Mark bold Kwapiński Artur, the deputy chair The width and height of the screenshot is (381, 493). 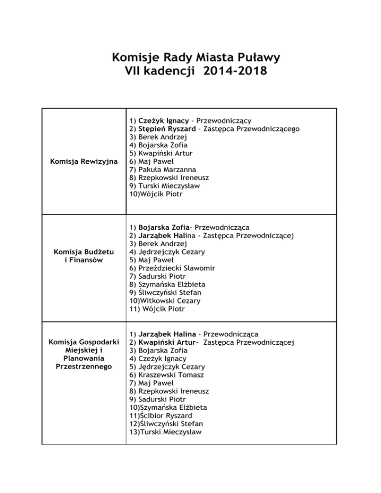pos(167,342)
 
